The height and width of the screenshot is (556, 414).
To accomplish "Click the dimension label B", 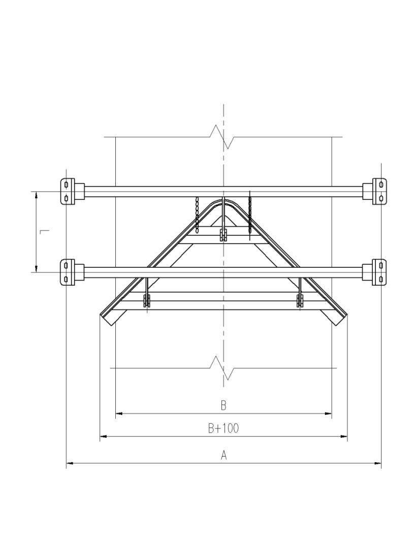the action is pos(224,405).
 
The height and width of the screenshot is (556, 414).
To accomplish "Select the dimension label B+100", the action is pos(224,428).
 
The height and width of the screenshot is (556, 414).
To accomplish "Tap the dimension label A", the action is pos(224,455).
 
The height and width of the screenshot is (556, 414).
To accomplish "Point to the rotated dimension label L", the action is pos(45,232).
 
